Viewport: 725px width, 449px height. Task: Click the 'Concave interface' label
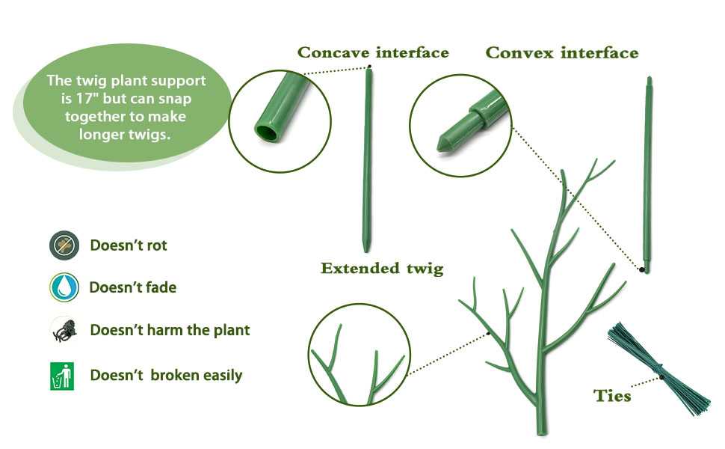click(x=373, y=52)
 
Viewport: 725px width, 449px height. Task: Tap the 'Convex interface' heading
click(x=562, y=53)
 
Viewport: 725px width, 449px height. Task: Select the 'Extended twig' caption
click(x=382, y=269)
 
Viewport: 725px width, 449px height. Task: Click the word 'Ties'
click(x=612, y=396)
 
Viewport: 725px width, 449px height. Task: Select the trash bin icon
click(x=63, y=376)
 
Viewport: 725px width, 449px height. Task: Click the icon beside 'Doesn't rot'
click(x=64, y=245)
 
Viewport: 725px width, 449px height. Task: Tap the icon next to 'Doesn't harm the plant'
click(x=64, y=330)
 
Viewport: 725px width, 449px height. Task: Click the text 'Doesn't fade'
click(x=132, y=287)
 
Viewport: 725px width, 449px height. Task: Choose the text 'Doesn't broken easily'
click(x=166, y=376)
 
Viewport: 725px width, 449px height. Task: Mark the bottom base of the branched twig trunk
click(x=542, y=429)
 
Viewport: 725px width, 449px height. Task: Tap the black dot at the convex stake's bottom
click(x=642, y=267)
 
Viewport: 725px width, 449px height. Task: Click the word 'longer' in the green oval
click(x=104, y=135)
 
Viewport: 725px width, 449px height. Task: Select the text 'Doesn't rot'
click(x=129, y=245)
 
